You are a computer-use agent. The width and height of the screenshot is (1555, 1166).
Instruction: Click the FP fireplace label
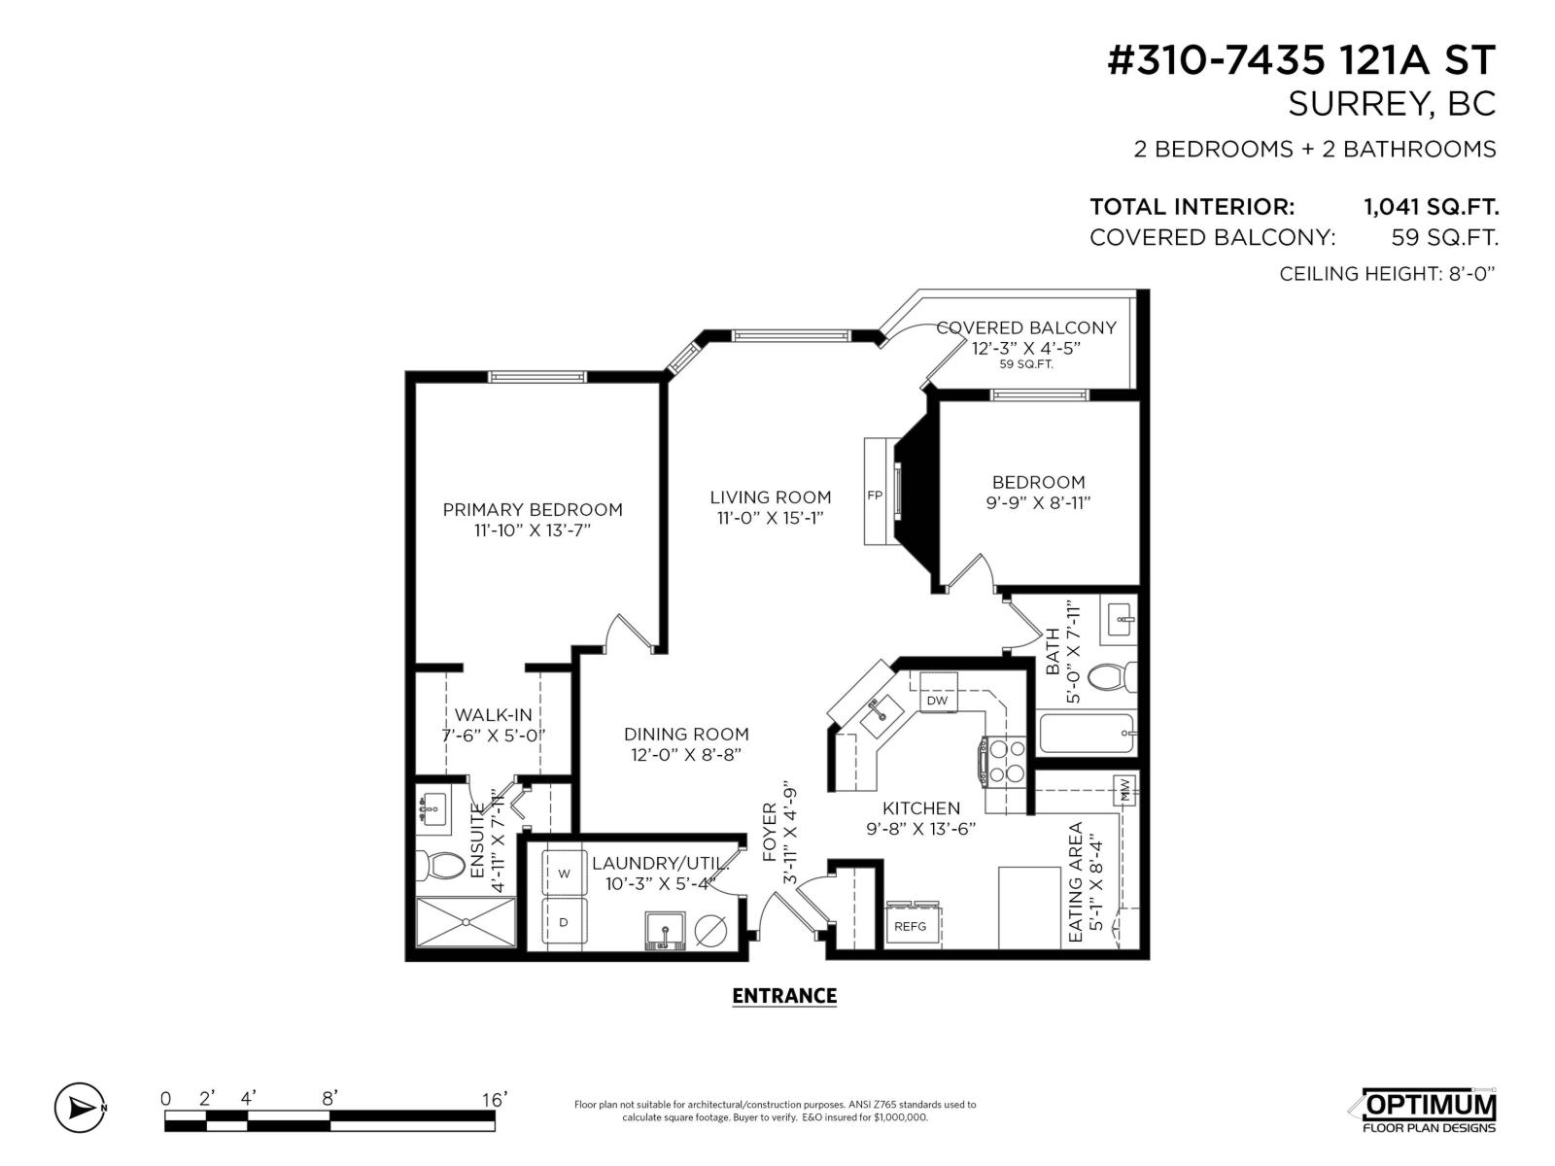click(875, 496)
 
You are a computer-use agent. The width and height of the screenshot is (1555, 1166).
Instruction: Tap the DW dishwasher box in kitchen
click(937, 701)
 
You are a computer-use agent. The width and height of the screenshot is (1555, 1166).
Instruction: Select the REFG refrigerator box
click(911, 926)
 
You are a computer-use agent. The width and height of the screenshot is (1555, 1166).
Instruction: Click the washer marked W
click(564, 874)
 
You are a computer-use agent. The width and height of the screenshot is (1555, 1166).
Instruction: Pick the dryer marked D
click(564, 920)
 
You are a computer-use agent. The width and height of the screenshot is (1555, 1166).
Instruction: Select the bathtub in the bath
click(1087, 734)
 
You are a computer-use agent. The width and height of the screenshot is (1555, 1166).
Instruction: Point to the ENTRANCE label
click(783, 996)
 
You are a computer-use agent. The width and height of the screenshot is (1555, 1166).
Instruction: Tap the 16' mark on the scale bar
click(494, 1100)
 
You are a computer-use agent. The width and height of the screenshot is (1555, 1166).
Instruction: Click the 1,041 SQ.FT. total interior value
click(1431, 207)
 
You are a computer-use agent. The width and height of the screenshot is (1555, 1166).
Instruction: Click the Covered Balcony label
click(1026, 328)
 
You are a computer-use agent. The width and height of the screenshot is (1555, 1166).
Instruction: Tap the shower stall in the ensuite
click(466, 921)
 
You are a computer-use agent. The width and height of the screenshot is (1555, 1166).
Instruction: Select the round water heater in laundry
click(710, 931)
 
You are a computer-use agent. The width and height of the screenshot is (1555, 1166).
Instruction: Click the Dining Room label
click(686, 735)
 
